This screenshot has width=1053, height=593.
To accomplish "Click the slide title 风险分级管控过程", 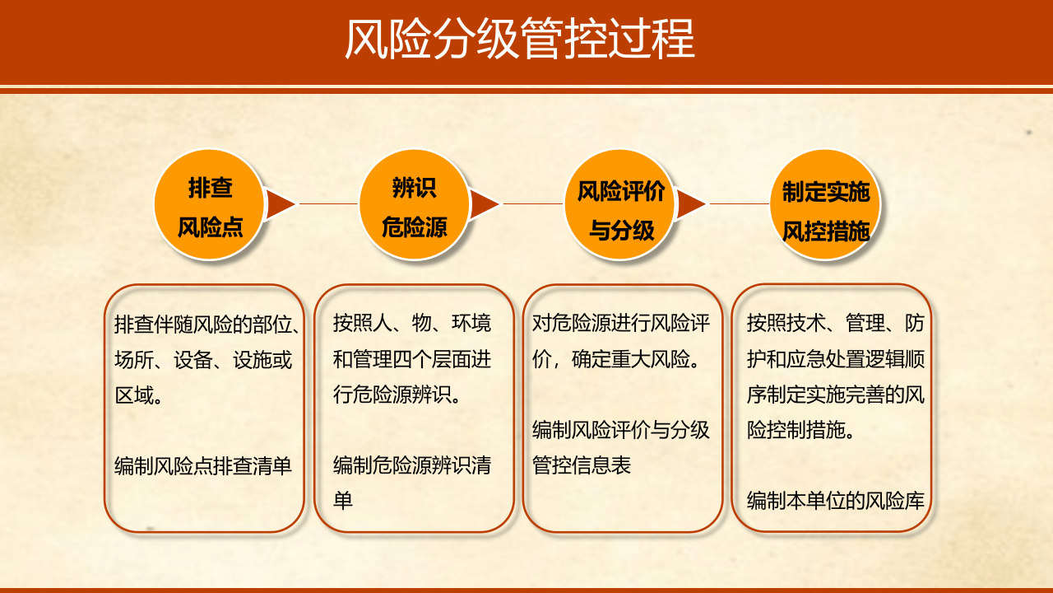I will click(519, 39).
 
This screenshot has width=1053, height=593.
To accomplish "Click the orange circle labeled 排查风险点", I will click(211, 205).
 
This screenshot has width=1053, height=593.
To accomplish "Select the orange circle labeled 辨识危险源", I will click(415, 205).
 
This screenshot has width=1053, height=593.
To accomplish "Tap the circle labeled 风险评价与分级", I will click(620, 205).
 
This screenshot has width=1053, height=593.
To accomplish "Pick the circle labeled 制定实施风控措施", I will click(825, 205).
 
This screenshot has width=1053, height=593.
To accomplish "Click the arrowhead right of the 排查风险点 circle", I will click(281, 204).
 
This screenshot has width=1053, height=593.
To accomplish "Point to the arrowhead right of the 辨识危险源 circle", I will click(485, 204).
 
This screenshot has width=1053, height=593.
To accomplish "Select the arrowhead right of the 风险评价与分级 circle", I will click(690, 204).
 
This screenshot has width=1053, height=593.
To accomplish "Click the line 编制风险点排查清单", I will click(204, 466).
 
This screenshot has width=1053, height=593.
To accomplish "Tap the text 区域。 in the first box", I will click(138, 395).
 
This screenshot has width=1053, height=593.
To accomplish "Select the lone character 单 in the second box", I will click(343, 501).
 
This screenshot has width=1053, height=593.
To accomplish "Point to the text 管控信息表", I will click(582, 465).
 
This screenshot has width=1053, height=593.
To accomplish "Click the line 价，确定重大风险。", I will click(616, 359).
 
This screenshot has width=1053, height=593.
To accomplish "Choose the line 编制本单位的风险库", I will click(836, 501).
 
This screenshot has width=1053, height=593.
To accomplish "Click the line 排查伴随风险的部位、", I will click(206, 324).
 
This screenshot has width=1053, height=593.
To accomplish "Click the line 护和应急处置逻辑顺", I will click(836, 359).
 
